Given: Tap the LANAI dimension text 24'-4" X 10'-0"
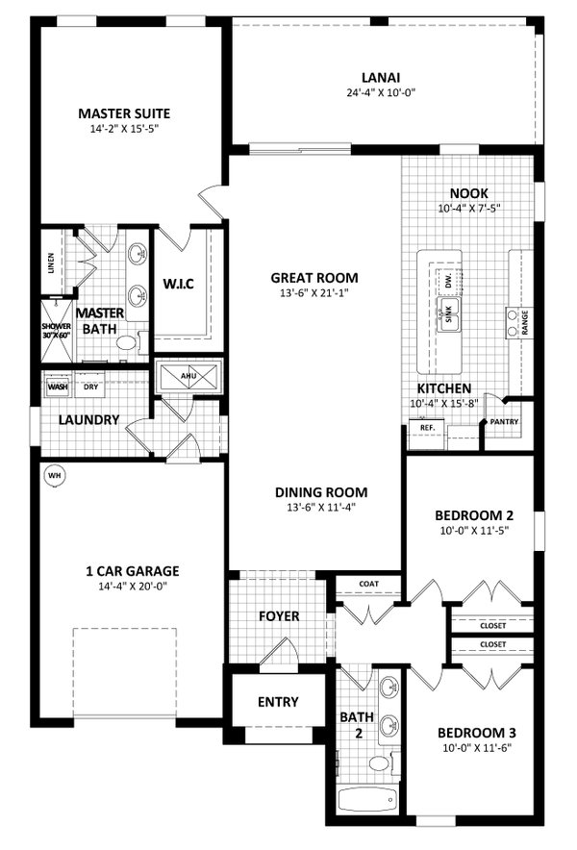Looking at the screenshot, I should point(381,93).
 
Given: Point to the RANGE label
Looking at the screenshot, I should point(525,323).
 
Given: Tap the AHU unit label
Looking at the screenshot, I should point(188,372).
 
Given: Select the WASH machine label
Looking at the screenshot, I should point(58,387).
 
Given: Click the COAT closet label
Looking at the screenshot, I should point(369,584).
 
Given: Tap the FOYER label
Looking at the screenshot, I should point(279,616).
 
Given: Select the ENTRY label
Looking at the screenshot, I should point(278,702).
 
